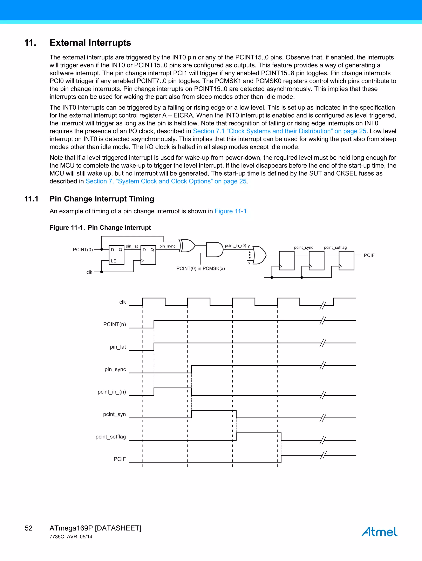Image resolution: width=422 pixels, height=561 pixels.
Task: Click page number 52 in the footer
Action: click(x=28, y=528)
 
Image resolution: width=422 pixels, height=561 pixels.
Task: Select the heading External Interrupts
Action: click(x=90, y=43)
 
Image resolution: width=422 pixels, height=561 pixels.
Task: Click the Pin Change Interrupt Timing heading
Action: click(x=102, y=199)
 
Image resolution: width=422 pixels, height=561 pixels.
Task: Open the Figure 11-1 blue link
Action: click(x=231, y=211)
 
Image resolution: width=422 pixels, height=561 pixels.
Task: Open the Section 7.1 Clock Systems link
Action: click(x=279, y=131)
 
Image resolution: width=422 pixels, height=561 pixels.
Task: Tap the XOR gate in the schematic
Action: click(x=188, y=246)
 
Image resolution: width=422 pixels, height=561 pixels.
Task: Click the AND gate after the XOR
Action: click(x=214, y=250)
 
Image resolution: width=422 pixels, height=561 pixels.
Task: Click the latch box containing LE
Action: click(x=116, y=255)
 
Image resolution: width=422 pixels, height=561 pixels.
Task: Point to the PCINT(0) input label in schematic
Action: click(x=83, y=250)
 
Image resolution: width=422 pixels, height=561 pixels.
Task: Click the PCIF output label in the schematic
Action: click(x=369, y=255)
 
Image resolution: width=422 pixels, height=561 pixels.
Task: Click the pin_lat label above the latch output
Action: click(x=132, y=246)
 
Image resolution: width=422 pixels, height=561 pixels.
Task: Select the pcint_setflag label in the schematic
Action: click(x=335, y=248)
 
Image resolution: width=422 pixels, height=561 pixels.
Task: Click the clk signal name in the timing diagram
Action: click(x=122, y=302)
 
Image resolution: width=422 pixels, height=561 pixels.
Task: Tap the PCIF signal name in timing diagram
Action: click(x=120, y=459)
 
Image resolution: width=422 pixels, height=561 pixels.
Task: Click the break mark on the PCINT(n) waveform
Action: click(x=323, y=321)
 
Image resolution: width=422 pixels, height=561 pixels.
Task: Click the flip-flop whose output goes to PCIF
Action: click(x=346, y=260)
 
